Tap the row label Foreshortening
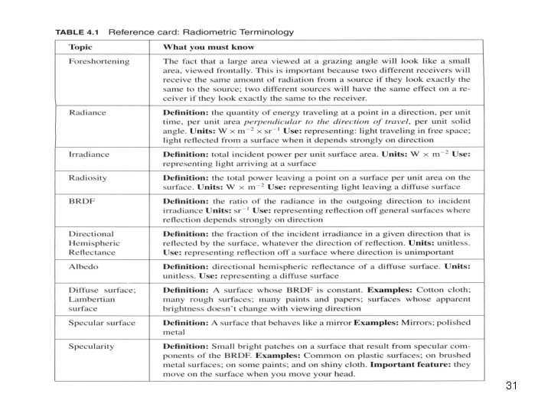pyautogui.click(x=99, y=61)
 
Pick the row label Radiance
pyautogui.click(x=87, y=112)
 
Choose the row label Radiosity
pyautogui.click(x=89, y=177)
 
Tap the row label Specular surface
pyautogui.click(x=102, y=323)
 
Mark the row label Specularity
pyautogui.click(x=92, y=346)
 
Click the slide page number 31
pyautogui.click(x=512, y=386)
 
